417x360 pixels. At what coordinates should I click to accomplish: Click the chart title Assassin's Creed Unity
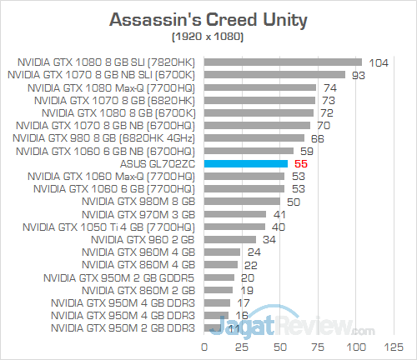coord(208,19)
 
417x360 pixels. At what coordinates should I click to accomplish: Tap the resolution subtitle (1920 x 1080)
coord(208,37)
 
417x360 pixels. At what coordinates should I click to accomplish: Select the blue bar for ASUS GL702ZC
coord(246,164)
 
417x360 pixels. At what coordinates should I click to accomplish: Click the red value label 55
coord(302,165)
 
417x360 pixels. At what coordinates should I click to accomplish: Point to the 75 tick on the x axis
coord(319,345)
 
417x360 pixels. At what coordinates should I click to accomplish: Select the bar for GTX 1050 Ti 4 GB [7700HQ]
coord(234,226)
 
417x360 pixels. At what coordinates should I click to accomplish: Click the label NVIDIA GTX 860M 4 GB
coord(143,265)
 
